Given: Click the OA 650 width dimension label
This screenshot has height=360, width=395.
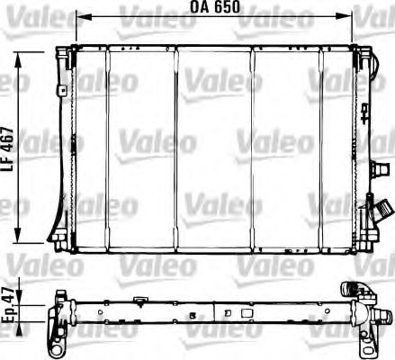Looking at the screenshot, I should pos(213,7).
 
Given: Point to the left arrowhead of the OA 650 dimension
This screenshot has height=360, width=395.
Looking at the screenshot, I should pos(79,16).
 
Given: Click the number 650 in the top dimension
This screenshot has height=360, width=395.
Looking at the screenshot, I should pos(225,7).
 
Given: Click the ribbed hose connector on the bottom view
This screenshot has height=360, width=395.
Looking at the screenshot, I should pos(351,292).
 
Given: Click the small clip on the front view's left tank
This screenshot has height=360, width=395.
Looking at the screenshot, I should pos(65,91).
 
